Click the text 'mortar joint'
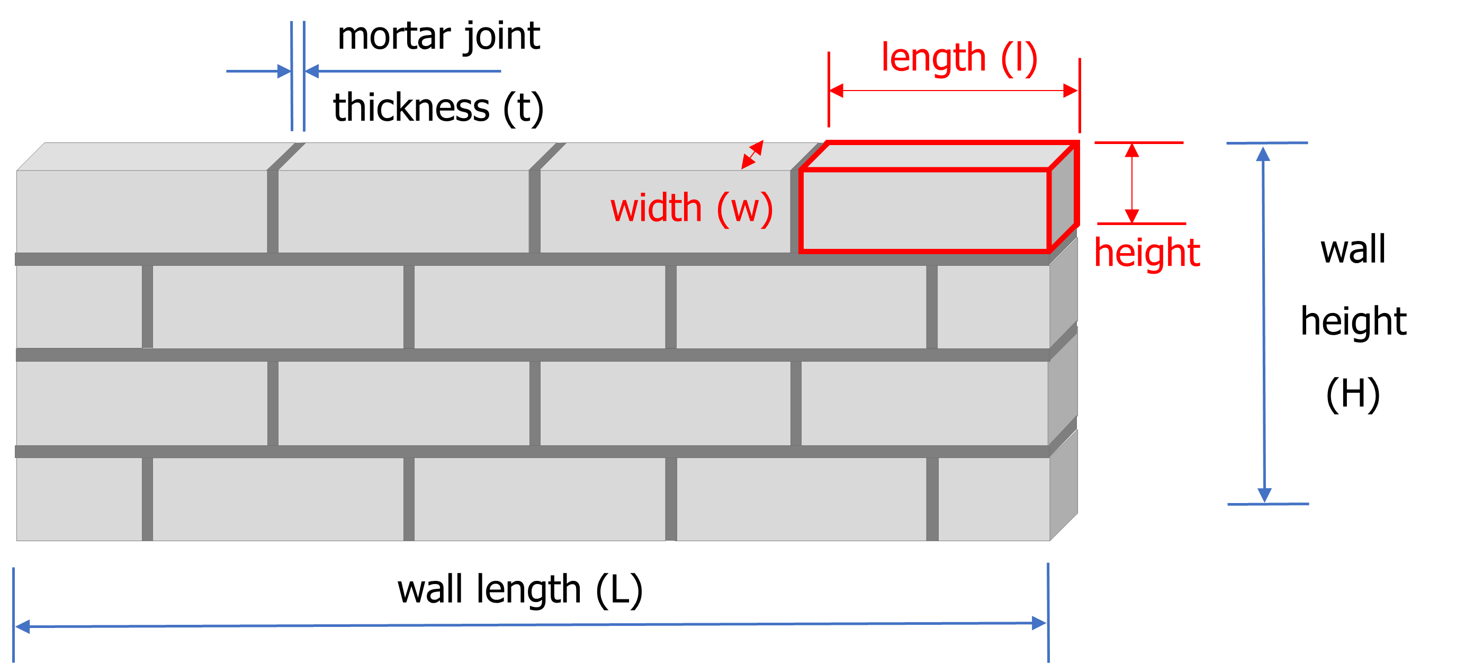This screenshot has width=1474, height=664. coord(438,37)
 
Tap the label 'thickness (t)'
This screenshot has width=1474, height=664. coord(438,108)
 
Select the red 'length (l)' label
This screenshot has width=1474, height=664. coord(959,58)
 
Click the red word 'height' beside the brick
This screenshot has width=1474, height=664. coord(1147,253)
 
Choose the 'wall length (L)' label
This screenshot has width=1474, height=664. coord(520,589)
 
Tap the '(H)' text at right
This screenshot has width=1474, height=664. coord(1353,394)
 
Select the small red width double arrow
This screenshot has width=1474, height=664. coord(752,155)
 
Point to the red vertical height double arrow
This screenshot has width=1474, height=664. coord(1132,183)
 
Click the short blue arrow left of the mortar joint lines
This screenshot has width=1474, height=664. coord(258,71)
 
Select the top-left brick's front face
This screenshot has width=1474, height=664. coord(141,211)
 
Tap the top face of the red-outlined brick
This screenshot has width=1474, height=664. coord(938,156)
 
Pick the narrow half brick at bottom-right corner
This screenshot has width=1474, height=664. coord(994,499)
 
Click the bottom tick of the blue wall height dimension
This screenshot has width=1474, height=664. coord(1268,504)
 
